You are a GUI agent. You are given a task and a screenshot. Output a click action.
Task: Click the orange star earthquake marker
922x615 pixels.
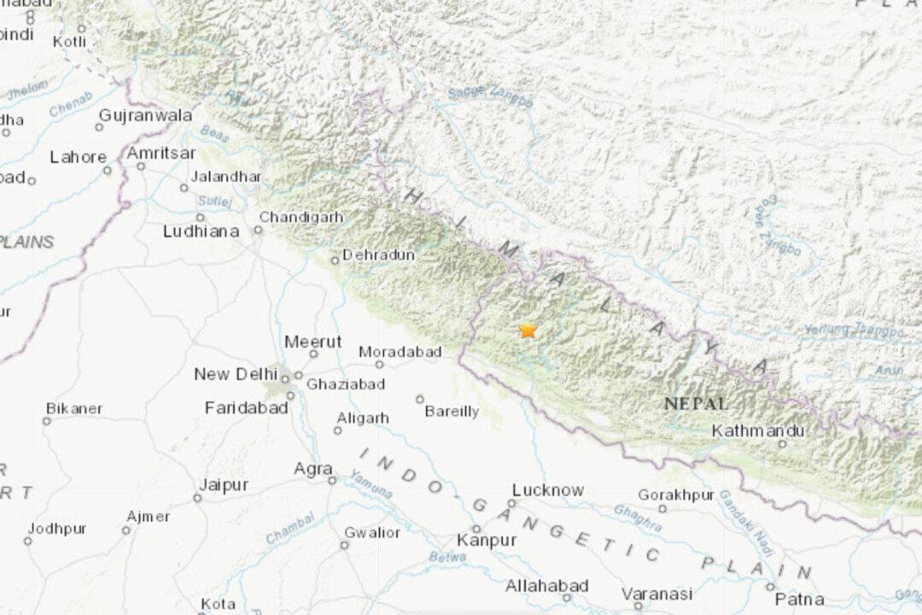click(x=528, y=330)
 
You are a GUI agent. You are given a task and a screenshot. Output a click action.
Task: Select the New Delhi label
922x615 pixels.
click(x=235, y=374)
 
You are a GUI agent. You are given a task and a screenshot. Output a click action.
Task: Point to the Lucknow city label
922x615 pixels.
click(x=548, y=490)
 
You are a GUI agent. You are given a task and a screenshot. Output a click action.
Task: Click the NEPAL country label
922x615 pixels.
click(x=697, y=403)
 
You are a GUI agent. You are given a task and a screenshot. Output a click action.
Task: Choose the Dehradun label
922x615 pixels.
click(x=378, y=255)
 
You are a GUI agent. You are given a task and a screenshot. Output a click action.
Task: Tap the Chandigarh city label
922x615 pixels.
click(x=301, y=217)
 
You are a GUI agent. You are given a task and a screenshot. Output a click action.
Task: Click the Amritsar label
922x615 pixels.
click(x=161, y=153)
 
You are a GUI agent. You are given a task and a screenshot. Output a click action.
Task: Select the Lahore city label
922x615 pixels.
click(x=79, y=157)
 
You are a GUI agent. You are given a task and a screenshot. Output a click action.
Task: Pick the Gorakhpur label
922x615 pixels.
click(x=675, y=495)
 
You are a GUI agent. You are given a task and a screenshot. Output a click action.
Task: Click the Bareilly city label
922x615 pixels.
click(x=452, y=412)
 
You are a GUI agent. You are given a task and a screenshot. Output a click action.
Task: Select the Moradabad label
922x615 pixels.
click(x=400, y=351)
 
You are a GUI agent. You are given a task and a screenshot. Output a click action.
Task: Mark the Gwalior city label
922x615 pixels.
click(x=371, y=532)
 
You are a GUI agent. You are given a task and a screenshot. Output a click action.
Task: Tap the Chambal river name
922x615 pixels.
click(x=289, y=527)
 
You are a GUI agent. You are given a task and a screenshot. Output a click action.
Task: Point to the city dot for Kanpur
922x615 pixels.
click(x=477, y=529)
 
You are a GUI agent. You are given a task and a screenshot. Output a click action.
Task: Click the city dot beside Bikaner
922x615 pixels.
click(x=46, y=420)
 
